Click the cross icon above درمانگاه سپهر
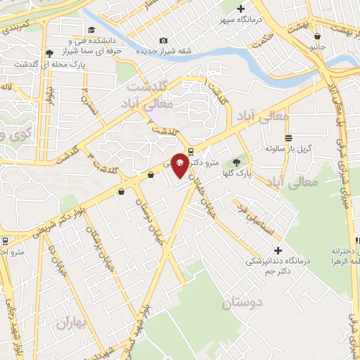coord(241,9)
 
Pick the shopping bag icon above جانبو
coord(319,36)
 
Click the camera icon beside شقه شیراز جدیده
coord(164,40)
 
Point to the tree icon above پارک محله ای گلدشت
coord(49,53)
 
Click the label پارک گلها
coord(240,172)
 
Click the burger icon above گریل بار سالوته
coord(288,138)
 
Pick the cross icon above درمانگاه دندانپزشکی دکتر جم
coord(278,250)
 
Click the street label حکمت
coord(262,44)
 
